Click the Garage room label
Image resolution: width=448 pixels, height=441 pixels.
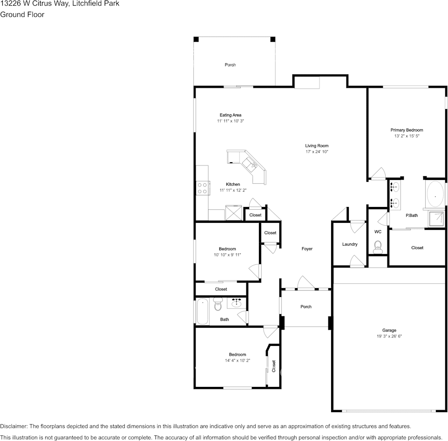click(x=389, y=330)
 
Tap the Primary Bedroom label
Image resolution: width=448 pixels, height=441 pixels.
click(x=407, y=130)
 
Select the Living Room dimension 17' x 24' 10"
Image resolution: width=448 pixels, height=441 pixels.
click(x=317, y=152)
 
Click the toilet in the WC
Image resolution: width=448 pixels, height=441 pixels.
click(x=378, y=246)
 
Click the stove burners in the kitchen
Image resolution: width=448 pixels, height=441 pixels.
click(x=202, y=188)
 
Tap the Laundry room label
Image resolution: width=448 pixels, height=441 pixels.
click(x=349, y=244)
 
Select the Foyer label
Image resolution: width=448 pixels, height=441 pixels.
click(x=307, y=249)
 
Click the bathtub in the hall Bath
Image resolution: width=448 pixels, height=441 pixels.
click(x=203, y=312)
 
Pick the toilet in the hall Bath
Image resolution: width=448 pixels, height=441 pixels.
click(x=218, y=306)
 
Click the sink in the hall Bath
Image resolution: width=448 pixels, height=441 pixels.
click(x=237, y=304)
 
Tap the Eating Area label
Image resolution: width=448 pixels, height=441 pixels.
click(x=231, y=115)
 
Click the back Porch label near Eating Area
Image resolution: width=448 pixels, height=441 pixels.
click(x=230, y=65)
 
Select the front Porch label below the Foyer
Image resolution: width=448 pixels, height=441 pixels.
click(x=306, y=307)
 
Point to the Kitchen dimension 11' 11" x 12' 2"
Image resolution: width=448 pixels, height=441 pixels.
click(x=233, y=190)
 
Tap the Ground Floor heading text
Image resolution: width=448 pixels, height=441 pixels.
click(x=22, y=14)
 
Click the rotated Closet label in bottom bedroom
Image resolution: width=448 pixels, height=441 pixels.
click(x=274, y=366)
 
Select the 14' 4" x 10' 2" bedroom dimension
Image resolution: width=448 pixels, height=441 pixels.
click(x=237, y=360)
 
